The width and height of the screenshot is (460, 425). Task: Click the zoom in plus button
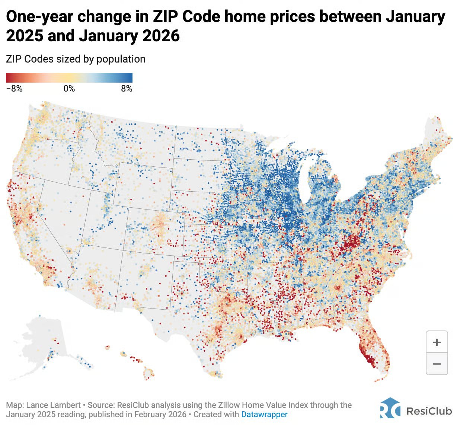coord(437,342)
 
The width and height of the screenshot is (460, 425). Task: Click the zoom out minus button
coord(437,364)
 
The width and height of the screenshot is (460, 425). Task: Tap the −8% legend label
coord(14,89)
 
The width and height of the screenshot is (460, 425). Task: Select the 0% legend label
coord(69,89)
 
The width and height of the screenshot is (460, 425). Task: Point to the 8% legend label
coord(127,89)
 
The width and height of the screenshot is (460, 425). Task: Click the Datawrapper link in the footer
coord(264,414)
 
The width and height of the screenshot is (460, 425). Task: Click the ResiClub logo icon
coord(390,408)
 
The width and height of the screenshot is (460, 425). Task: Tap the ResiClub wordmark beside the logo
coord(429,411)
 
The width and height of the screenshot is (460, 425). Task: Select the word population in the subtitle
coord(121,59)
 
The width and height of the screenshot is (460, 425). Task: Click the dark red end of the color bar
coord(9,78)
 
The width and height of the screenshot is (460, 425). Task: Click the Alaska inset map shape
coord(41,339)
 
